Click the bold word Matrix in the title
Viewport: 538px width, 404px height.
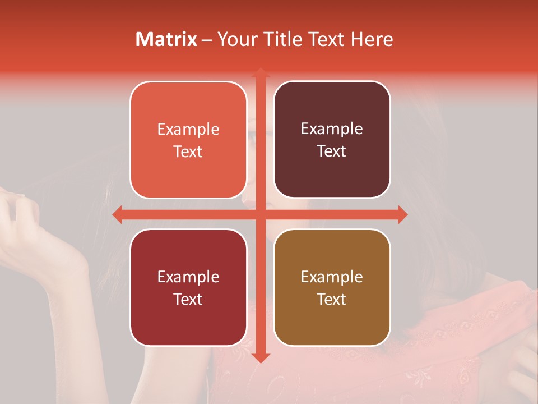click(166, 39)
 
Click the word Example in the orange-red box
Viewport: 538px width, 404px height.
click(188, 130)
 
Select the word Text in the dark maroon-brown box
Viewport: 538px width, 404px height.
click(332, 151)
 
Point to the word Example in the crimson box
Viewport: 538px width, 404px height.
click(188, 277)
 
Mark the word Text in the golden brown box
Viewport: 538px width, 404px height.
click(332, 299)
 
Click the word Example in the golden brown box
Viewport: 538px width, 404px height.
click(332, 277)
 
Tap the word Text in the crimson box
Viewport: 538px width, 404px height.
click(188, 299)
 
